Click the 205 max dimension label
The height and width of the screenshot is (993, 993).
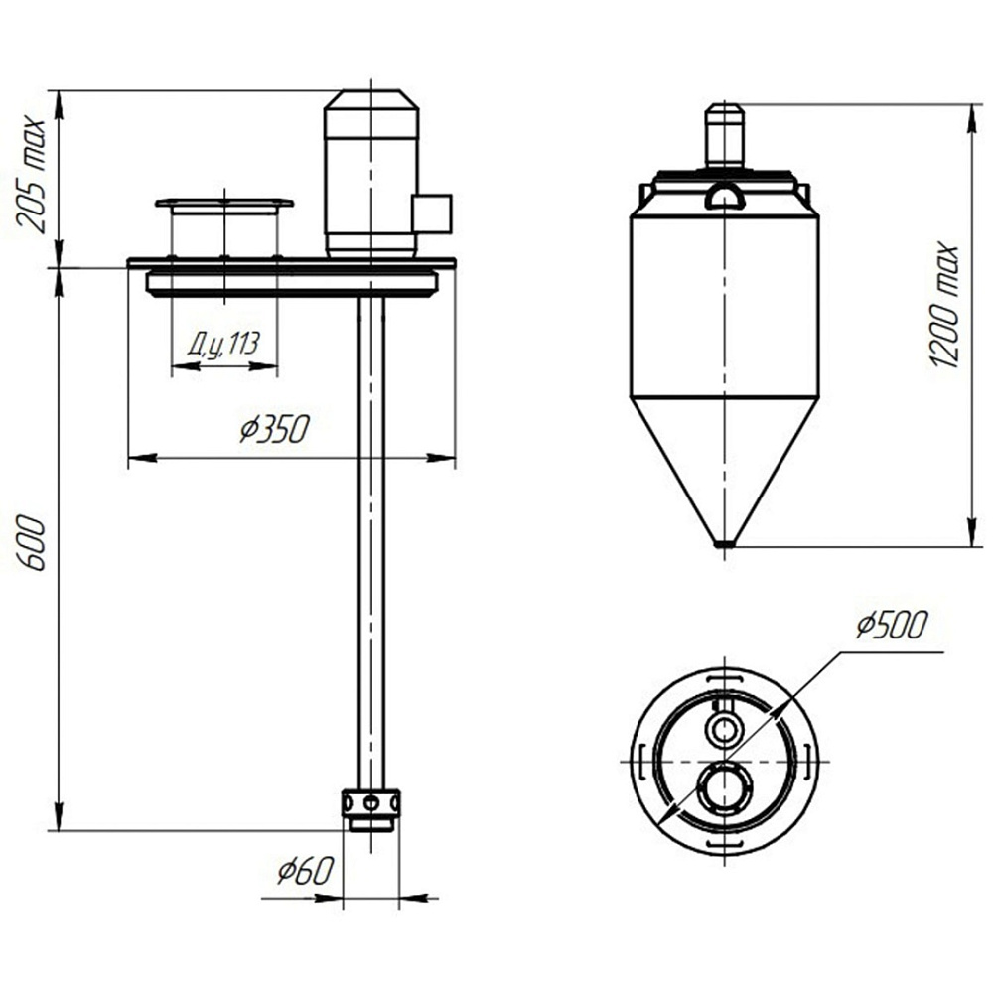pos(31,174)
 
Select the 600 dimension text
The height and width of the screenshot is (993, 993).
pos(31,543)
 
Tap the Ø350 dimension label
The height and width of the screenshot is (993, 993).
pos(275,428)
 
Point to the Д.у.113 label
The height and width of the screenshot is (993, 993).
pos(223,344)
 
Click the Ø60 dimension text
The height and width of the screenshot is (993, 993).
pos(305,871)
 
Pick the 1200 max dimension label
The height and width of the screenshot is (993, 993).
pos(945,305)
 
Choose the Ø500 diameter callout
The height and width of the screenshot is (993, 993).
pos(892,624)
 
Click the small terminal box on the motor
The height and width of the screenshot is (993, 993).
pos(432,213)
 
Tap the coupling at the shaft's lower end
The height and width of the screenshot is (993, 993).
pos(371,810)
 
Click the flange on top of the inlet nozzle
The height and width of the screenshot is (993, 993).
pos(224,204)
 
